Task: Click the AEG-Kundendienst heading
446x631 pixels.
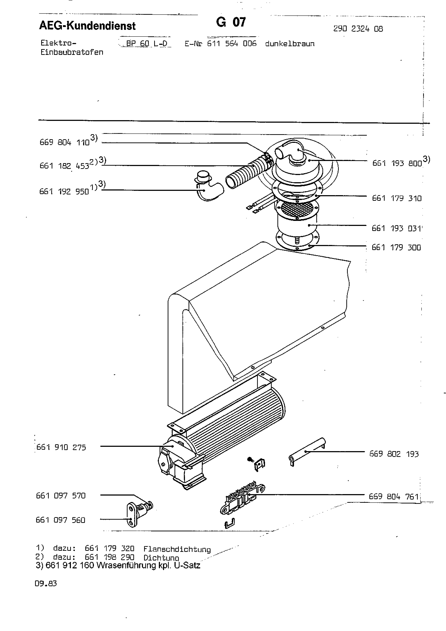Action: (x=87, y=26)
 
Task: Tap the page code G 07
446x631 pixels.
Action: (x=231, y=22)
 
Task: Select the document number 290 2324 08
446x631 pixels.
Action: (x=358, y=29)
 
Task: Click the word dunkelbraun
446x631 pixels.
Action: (x=290, y=44)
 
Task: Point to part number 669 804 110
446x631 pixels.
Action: (x=65, y=142)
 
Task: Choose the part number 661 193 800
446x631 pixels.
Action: (x=397, y=163)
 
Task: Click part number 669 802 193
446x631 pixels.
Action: (x=394, y=454)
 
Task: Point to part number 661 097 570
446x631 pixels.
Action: (x=61, y=496)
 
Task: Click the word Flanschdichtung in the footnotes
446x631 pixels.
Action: (x=177, y=549)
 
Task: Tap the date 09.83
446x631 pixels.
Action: (x=46, y=584)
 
